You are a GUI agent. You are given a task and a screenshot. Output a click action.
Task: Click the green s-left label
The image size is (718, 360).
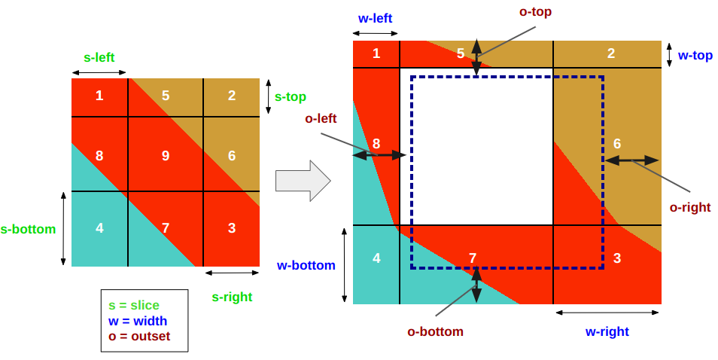click(x=99, y=57)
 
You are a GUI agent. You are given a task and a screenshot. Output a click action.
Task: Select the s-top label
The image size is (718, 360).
click(x=291, y=96)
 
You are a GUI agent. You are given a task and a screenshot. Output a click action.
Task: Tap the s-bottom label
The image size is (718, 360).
click(x=29, y=229)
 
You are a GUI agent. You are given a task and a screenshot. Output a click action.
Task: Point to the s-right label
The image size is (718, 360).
click(x=232, y=297)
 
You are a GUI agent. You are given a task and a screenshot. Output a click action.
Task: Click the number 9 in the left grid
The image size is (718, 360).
click(x=166, y=156)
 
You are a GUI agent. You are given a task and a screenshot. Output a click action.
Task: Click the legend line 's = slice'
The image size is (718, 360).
click(x=134, y=305)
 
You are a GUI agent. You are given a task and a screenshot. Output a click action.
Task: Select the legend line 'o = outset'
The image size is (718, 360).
click(x=139, y=336)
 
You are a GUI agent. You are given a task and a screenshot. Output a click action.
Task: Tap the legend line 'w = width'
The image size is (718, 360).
click(x=138, y=321)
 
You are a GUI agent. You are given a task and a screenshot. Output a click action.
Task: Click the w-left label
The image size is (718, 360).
click(x=375, y=18)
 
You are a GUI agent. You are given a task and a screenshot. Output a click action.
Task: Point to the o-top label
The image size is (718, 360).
click(x=535, y=11)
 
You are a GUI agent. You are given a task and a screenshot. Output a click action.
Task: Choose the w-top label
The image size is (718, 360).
click(x=695, y=55)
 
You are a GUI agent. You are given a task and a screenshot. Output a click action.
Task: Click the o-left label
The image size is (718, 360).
click(x=321, y=118)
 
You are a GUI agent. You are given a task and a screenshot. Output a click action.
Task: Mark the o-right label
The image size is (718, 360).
click(x=689, y=207)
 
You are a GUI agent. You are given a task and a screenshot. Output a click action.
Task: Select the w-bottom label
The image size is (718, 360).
click(x=306, y=265)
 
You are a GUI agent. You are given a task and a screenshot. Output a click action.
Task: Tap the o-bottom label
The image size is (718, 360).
click(x=435, y=331)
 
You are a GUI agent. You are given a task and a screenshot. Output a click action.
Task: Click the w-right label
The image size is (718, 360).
click(x=607, y=331)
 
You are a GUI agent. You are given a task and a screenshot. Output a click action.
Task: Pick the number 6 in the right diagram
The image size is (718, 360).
click(x=617, y=143)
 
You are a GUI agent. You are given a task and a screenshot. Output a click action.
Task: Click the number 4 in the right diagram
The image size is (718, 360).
click(x=376, y=258)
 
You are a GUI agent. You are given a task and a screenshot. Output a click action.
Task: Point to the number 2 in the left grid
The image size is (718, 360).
click(x=232, y=96)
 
